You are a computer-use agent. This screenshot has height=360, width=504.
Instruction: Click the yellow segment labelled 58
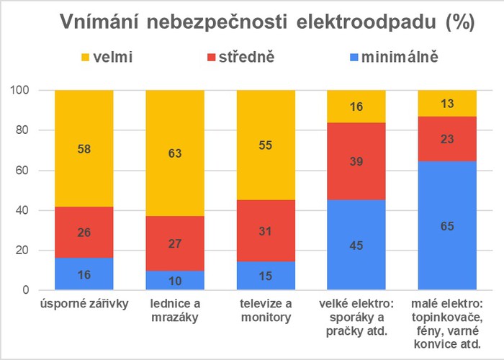(84, 148)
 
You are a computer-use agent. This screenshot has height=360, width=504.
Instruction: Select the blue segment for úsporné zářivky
(84, 274)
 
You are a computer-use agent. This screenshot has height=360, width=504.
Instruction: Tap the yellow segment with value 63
(175, 153)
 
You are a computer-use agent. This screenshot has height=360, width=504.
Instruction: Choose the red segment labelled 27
(175, 243)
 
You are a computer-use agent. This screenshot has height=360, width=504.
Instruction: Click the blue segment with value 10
(175, 281)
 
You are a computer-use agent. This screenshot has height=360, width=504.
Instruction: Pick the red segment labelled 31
(266, 230)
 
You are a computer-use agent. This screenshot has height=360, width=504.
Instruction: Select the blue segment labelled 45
(356, 245)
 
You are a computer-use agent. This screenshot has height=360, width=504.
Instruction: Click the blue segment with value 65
(447, 225)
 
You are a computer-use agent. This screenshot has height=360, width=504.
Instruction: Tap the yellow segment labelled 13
(447, 103)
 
